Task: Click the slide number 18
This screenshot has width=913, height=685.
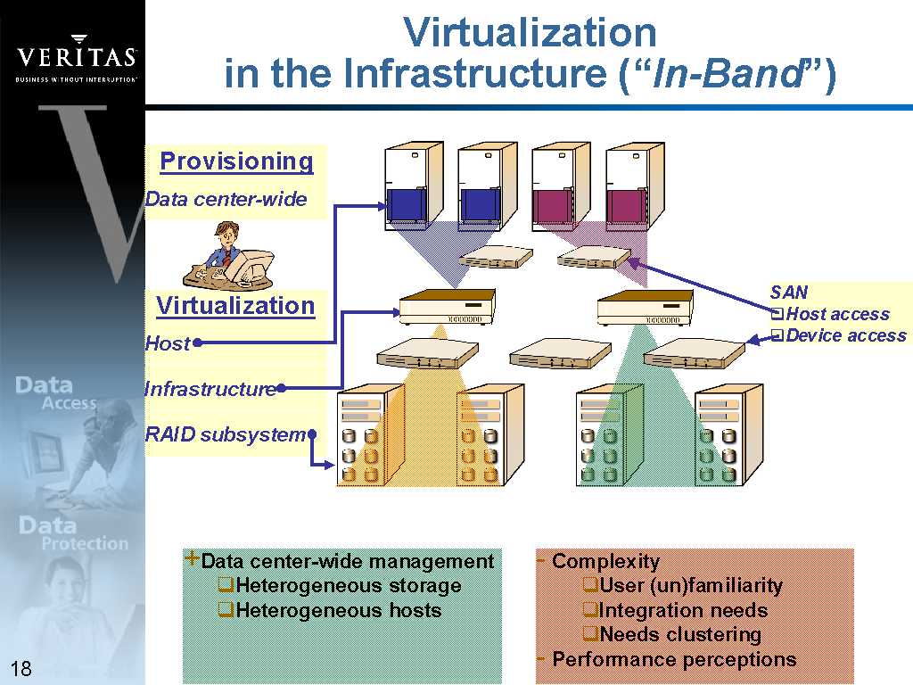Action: (21, 669)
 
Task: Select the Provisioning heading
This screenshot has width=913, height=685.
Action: (236, 161)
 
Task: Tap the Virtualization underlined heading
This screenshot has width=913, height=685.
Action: (235, 306)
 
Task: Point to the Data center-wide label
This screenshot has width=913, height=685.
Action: (226, 199)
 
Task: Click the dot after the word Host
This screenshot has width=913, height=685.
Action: (196, 342)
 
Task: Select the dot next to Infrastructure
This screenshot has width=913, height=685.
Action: (281, 387)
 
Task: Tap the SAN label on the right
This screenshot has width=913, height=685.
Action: (789, 293)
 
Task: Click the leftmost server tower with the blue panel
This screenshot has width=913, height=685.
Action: (413, 186)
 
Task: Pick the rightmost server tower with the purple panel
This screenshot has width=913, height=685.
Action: (634, 186)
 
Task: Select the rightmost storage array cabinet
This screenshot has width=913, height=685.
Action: (729, 434)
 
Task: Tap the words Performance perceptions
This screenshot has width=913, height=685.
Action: (674, 659)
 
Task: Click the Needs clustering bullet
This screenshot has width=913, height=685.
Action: (680, 634)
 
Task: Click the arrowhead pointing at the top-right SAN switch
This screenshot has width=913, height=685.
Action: (635, 262)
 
